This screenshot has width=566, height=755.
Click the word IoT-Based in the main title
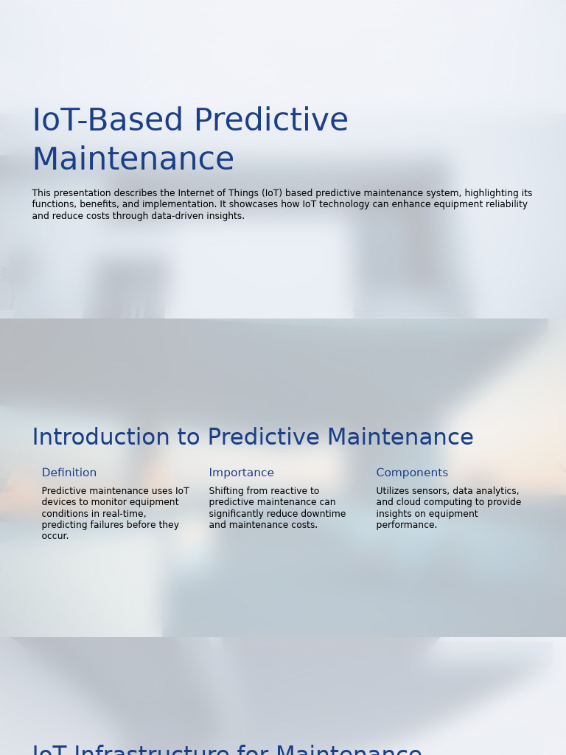(x=108, y=121)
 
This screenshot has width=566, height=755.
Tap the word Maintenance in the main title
(x=133, y=160)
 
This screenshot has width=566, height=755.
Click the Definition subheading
(x=69, y=473)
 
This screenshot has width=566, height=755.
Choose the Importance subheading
(x=241, y=473)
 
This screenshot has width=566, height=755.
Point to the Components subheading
(x=412, y=473)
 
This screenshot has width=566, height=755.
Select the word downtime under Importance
(x=324, y=514)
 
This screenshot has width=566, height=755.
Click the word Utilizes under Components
(x=394, y=491)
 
